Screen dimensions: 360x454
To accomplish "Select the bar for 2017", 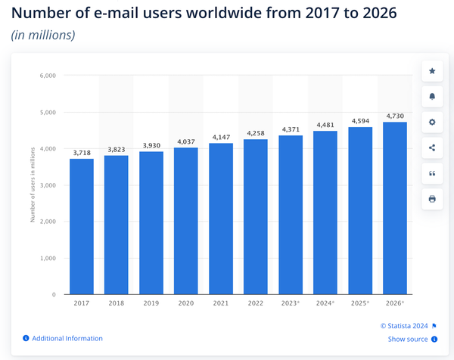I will tap(82, 226).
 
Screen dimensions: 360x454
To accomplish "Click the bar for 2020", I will tap(186, 220).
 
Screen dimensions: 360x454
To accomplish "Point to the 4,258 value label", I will tap(256, 134).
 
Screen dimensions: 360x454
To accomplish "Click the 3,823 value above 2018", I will tap(117, 150).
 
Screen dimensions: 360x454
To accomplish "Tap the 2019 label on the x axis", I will tap(151, 303).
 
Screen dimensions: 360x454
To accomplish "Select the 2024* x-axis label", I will tap(325, 303).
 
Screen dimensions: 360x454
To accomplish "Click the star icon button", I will tap(432, 71).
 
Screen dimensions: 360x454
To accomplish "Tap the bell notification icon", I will tap(432, 97).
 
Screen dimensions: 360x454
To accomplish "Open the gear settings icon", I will tap(432, 122).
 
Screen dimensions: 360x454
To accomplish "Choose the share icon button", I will tap(432, 147).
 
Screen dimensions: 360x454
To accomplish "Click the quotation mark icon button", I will tap(432, 173).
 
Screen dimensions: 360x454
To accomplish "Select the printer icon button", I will tap(432, 199).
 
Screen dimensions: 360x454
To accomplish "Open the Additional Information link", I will tap(67, 338).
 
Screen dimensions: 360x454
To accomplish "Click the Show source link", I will tap(407, 340).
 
